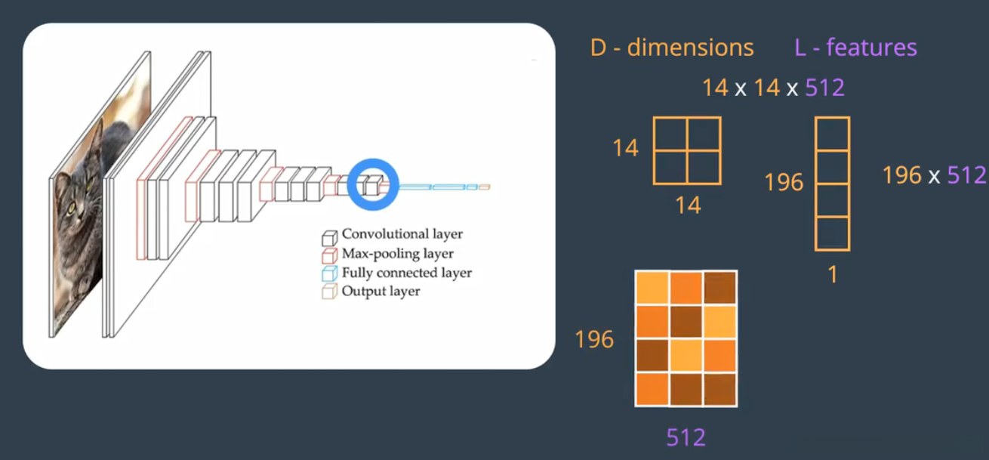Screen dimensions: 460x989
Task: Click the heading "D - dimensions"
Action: point(672,48)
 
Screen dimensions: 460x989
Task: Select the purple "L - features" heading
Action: point(855,48)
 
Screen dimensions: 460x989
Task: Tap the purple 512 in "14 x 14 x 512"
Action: point(824,88)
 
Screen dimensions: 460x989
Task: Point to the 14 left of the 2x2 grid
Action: point(625,148)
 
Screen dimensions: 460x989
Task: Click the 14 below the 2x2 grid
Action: point(688,205)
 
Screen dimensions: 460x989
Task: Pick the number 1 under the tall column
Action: point(833,275)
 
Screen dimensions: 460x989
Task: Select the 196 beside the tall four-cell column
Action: point(784,182)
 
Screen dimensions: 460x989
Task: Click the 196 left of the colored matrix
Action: point(594,340)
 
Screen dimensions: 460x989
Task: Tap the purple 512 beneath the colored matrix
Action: point(686,437)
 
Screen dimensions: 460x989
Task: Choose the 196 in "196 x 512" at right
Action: point(901,175)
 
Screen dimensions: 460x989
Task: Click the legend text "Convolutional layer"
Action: point(402,234)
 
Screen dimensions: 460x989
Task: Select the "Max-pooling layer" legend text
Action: point(397,254)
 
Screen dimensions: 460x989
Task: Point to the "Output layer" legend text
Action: point(381,291)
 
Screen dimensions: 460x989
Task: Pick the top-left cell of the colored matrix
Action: point(652,288)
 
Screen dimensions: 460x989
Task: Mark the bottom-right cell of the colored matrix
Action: point(720,390)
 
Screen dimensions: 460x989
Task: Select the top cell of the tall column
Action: point(832,134)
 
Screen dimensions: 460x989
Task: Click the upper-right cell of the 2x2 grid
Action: point(704,134)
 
